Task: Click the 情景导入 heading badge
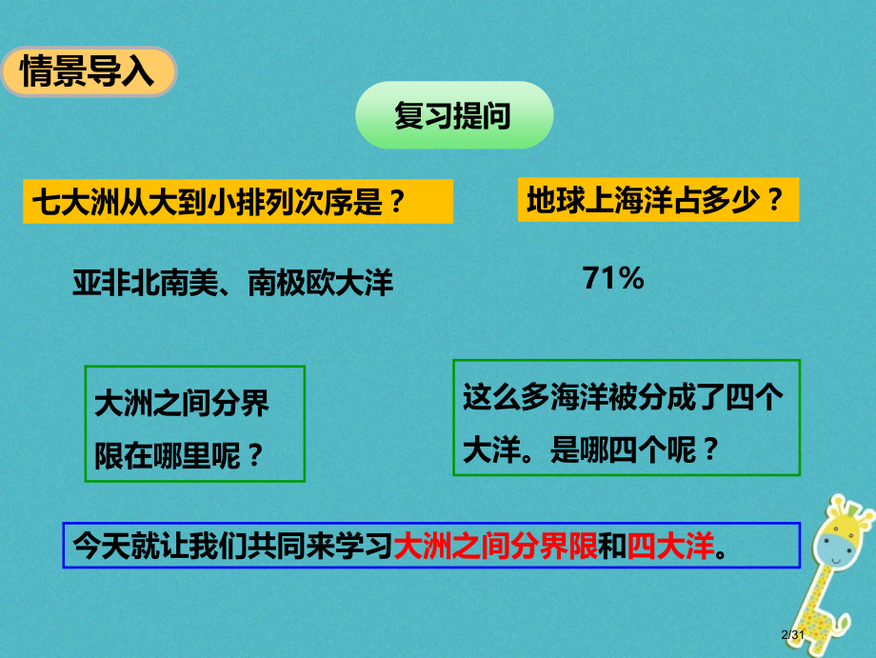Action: (88, 71)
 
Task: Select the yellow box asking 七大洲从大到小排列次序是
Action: (238, 202)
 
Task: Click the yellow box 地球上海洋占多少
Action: (657, 200)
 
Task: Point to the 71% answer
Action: (613, 278)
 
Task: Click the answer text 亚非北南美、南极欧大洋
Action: (232, 282)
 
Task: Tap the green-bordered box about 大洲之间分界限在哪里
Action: (194, 424)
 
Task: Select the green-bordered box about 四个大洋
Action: (626, 417)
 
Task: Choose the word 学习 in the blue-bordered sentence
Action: (369, 547)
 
